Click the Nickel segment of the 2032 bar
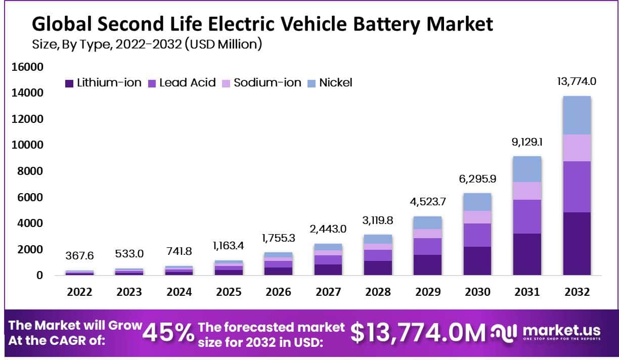pyautogui.click(x=577, y=115)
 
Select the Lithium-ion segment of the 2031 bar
pyautogui.click(x=527, y=254)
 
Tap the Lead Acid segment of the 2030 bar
pyautogui.click(x=478, y=235)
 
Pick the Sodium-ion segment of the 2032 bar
pyautogui.click(x=577, y=148)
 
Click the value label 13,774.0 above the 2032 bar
pyautogui.click(x=577, y=81)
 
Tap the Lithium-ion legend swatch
pyautogui.click(x=69, y=83)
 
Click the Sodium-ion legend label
pyautogui.click(x=268, y=83)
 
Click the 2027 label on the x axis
pyautogui.click(x=329, y=292)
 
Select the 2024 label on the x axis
pyautogui.click(x=179, y=292)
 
